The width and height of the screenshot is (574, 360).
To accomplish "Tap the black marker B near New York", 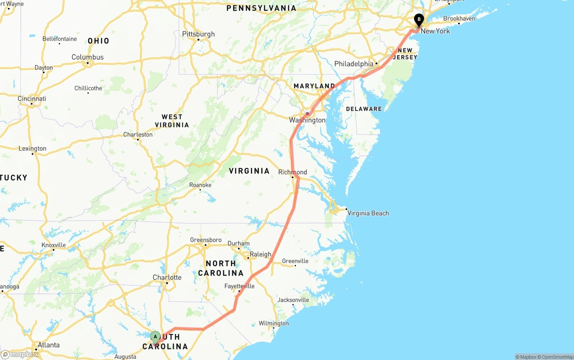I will click(x=419, y=20).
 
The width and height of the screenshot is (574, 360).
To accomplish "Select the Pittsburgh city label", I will click(x=198, y=34).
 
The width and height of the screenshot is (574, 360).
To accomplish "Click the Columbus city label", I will click(x=87, y=57).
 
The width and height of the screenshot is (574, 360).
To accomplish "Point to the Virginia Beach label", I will click(x=368, y=213).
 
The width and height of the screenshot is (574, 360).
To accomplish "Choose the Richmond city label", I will click(x=293, y=172).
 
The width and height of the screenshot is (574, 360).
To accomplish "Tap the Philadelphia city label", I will click(x=354, y=64).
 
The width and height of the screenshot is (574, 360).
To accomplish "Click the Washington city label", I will click(x=307, y=120).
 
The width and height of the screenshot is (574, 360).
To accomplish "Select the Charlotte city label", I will click(x=167, y=278).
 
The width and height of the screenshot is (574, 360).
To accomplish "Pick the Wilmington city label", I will click(x=274, y=323).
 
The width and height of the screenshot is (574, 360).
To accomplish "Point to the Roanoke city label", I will click(x=200, y=185).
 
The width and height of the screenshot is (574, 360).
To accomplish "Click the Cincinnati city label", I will click(x=32, y=99).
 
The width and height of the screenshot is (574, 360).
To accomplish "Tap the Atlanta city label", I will click(x=48, y=345).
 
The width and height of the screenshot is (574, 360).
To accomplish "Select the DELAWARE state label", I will click(x=364, y=109).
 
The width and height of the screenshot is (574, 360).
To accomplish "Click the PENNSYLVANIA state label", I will click(x=261, y=8).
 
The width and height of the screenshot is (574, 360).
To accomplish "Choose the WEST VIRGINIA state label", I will click(x=172, y=121).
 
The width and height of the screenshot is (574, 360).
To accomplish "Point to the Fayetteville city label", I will click(x=239, y=286).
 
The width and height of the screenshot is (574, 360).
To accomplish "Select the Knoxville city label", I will click(x=53, y=245).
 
